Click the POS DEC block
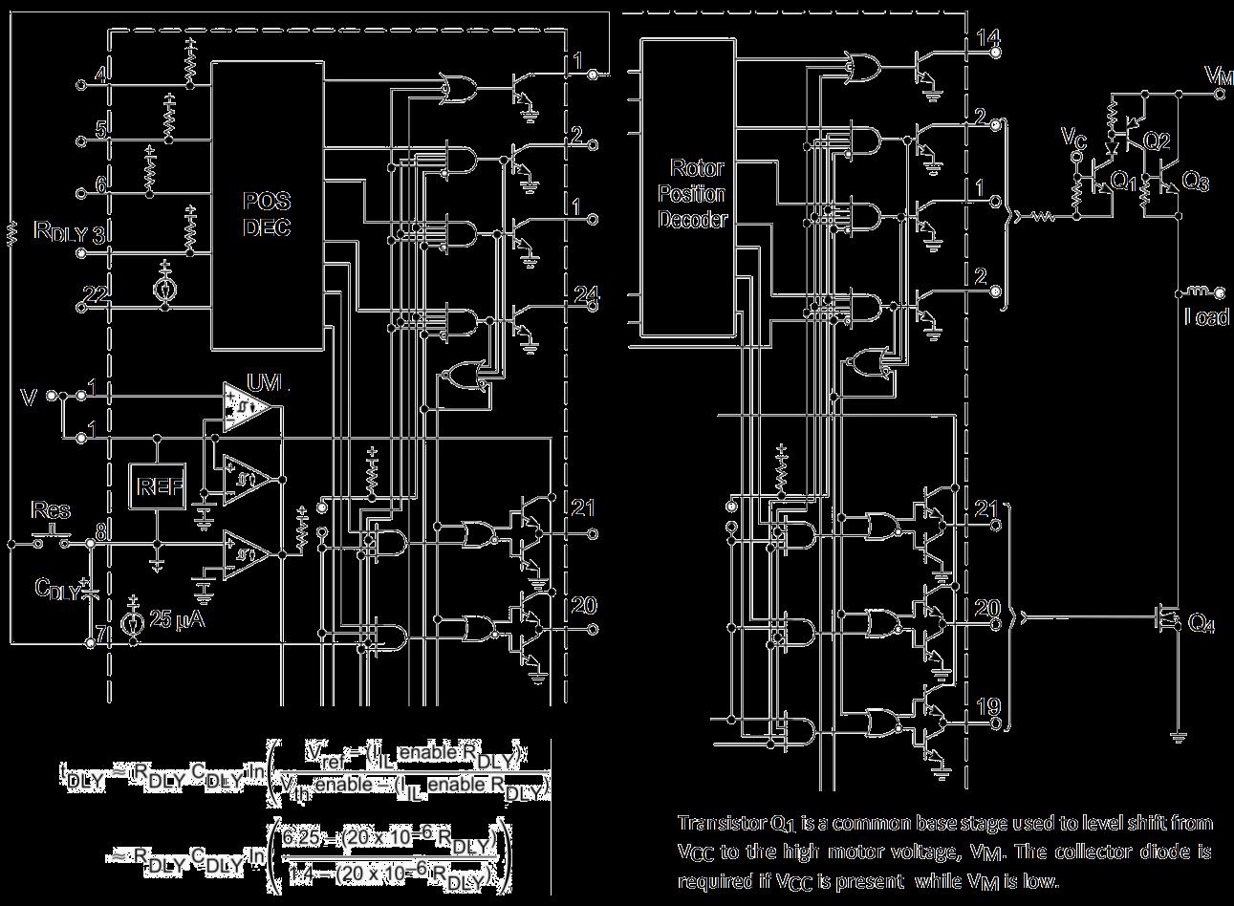pos(267,215)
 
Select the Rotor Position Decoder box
pos(695,192)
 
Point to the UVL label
pos(268,383)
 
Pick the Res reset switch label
pos(51,509)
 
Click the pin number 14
pos(986,39)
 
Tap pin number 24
pos(586,293)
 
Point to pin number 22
pos(94,294)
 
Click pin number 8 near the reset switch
pos(99,525)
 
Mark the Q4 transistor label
pos(1201,624)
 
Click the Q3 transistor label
pos(1195,181)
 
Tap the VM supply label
pos(1218,75)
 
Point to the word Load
pos(1206,318)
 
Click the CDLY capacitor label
pos(57,589)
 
